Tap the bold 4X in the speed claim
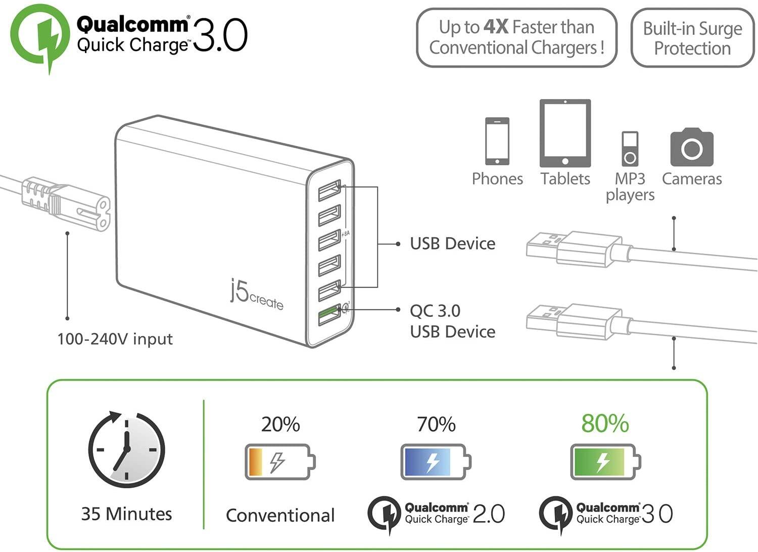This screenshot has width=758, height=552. tap(496, 27)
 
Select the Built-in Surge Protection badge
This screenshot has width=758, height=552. tap(692, 38)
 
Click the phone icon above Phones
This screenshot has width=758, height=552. tap(497, 141)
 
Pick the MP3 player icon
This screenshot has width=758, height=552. tap(630, 149)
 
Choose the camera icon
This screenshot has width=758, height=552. tap(692, 147)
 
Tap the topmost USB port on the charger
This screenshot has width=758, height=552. tap(329, 191)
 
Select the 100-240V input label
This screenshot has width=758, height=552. tap(115, 339)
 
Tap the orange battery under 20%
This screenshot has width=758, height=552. tap(280, 462)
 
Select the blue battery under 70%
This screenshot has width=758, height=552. tap(436, 462)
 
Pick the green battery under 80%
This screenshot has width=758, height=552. tap(605, 462)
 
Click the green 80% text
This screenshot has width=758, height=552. tap(605, 424)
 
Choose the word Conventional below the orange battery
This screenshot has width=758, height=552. tap(280, 515)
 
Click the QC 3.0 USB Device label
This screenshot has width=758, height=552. tap(452, 321)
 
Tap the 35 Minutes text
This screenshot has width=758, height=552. tap(126, 514)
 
